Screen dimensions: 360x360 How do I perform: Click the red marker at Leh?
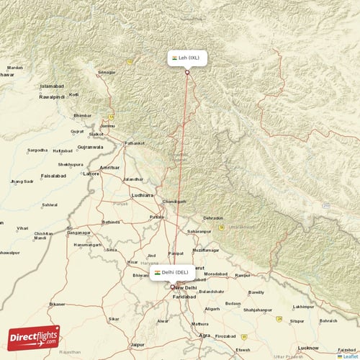tap(187, 71)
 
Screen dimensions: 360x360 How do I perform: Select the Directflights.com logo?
tap(34, 336)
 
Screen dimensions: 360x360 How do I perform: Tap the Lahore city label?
tap(91, 174)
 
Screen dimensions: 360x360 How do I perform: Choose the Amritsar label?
tap(110, 167)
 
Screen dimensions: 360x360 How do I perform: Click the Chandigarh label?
tap(175, 202)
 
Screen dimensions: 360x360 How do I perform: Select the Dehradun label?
tap(213, 217)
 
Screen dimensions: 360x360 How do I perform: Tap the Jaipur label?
tap(138, 345)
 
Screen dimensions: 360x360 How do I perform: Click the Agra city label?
tap(205, 336)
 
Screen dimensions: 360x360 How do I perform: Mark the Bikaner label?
tap(56, 304)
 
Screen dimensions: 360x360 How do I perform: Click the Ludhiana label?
tap(142, 195)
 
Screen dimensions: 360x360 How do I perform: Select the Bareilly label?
tap(256, 292)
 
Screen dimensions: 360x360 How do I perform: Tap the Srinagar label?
tap(107, 72)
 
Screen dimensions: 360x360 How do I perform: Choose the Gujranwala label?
tap(91, 147)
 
